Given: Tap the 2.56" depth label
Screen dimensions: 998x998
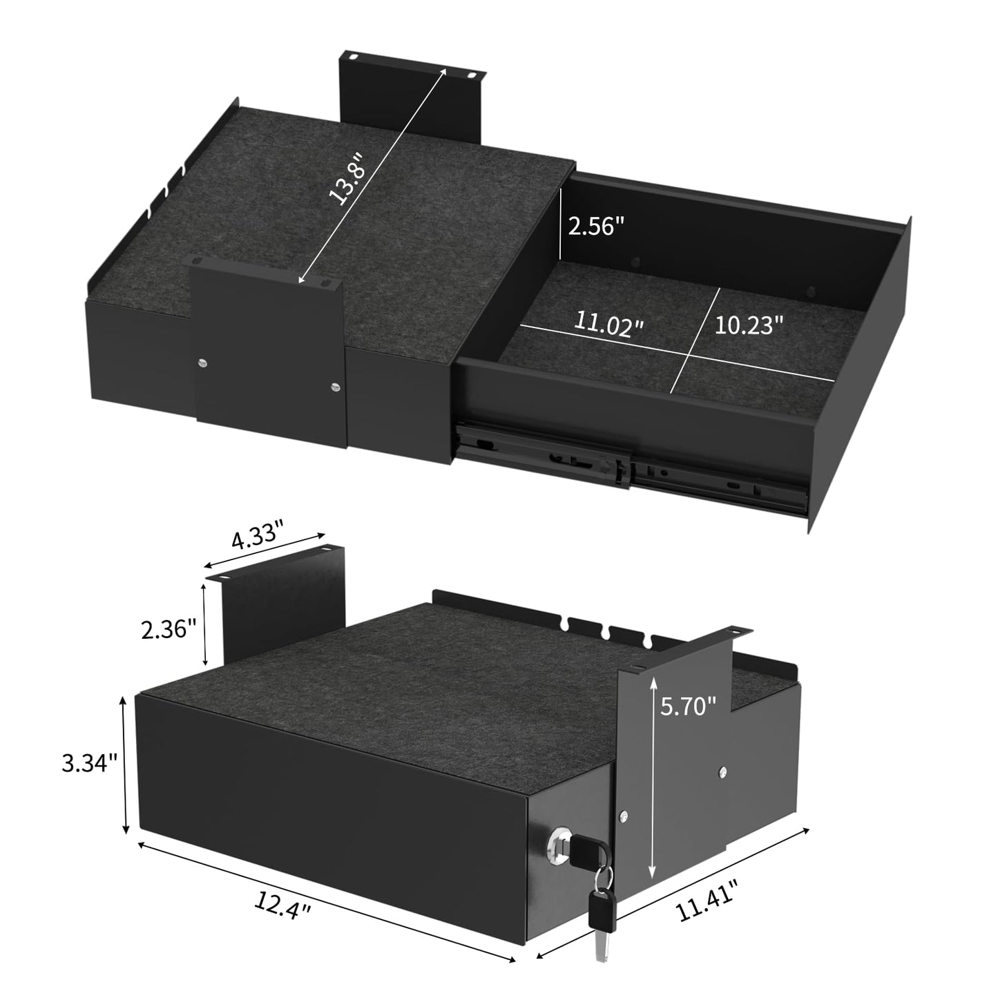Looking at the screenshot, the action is point(597,227).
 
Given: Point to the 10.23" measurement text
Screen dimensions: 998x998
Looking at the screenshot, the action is point(749,325).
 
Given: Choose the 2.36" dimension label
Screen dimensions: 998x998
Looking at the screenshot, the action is point(169,629).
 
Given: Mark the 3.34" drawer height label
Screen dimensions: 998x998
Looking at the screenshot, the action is point(90,763).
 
